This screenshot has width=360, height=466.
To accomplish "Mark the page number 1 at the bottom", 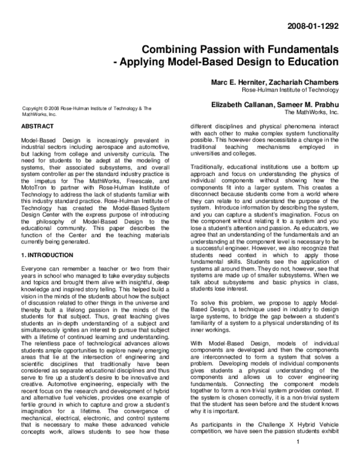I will (298, 459).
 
